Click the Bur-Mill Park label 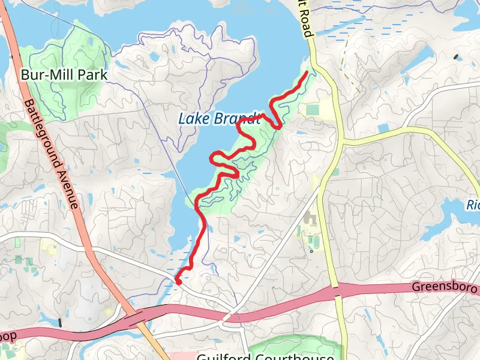[x=64, y=75]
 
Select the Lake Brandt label [x=219, y=118]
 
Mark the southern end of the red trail [x=178, y=280]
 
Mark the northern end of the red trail [x=308, y=73]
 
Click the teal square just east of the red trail [x=313, y=110]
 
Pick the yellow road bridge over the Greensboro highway [x=337, y=292]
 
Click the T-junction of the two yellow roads [x=343, y=143]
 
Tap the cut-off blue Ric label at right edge [x=473, y=205]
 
